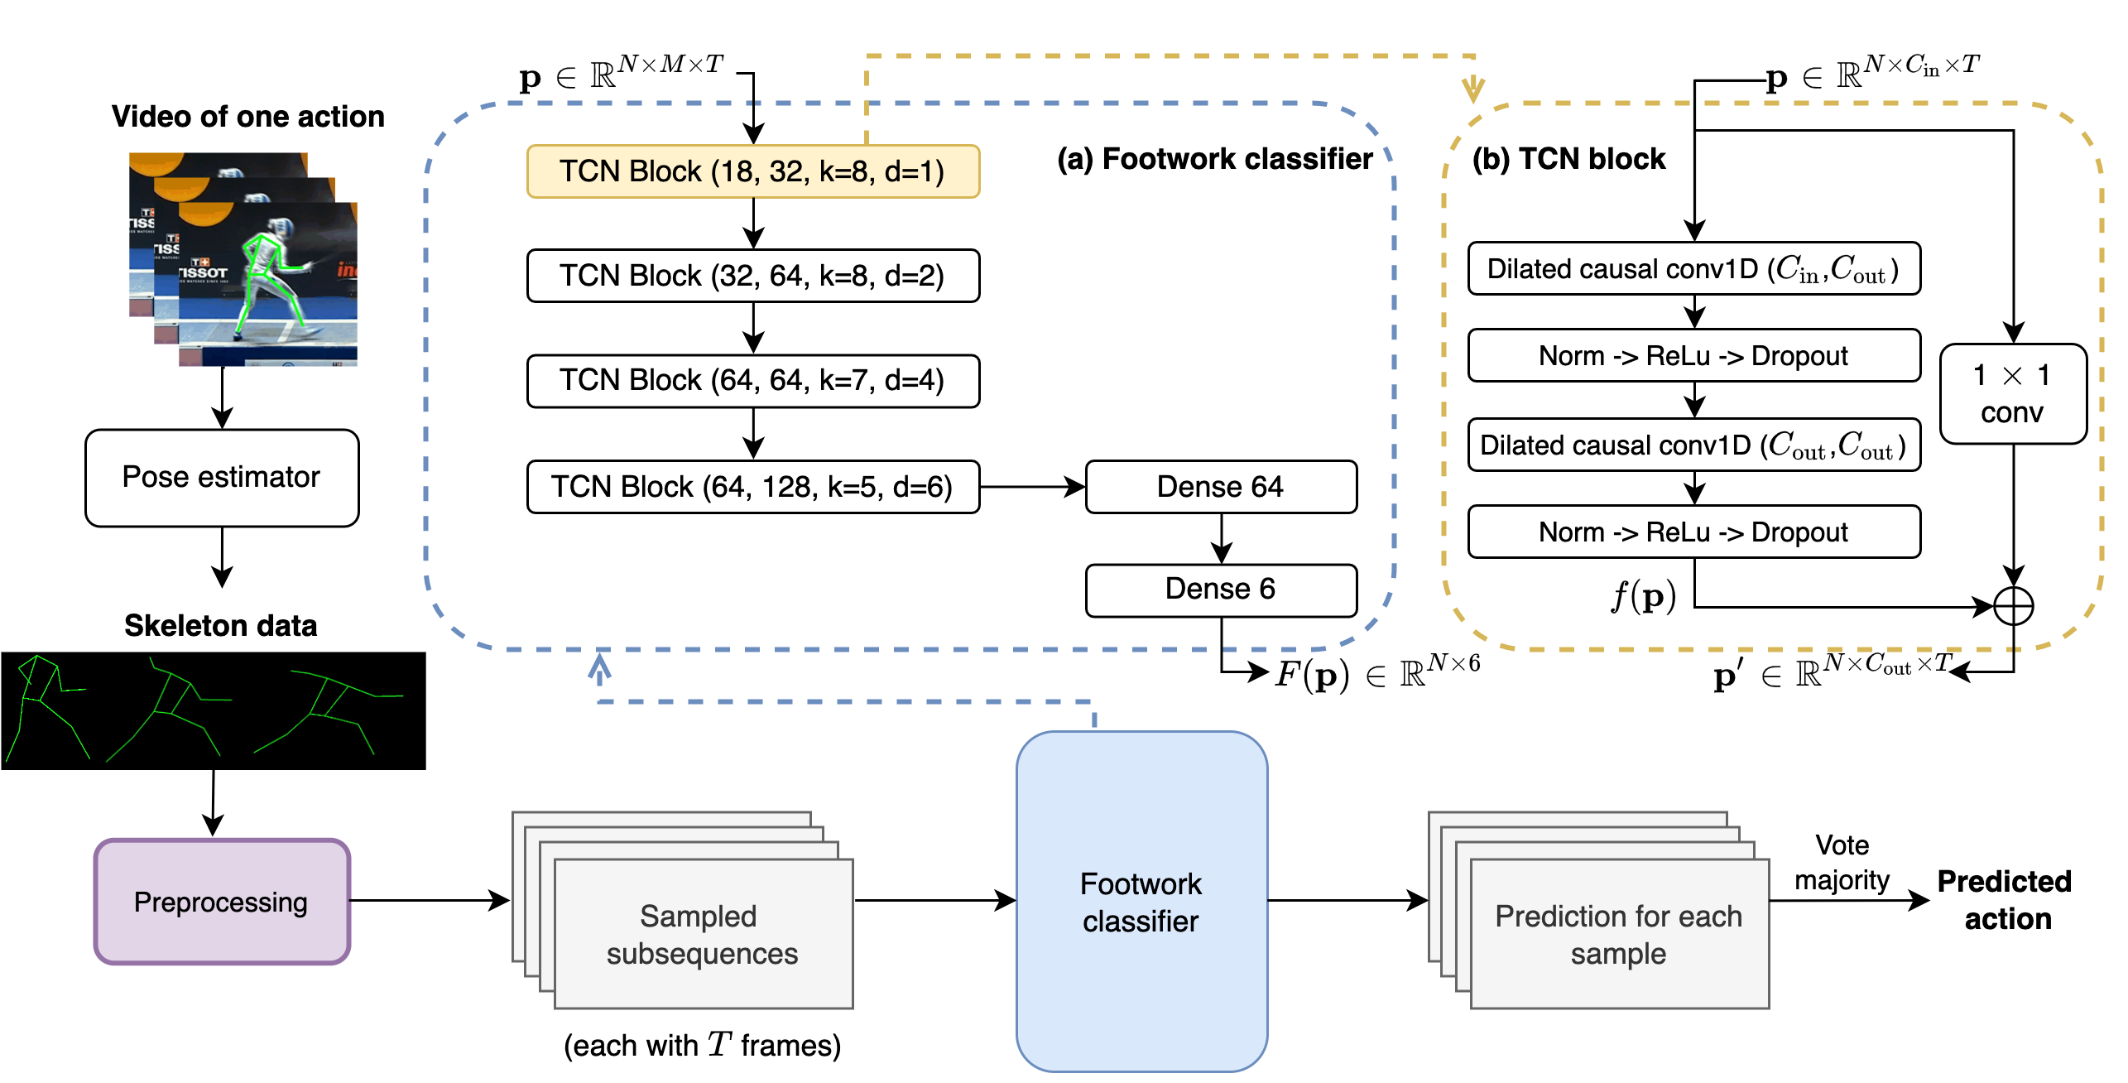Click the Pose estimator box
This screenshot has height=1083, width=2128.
tap(222, 478)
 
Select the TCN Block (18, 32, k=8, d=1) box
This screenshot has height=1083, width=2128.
tap(753, 171)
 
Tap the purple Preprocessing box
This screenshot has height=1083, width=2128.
tap(222, 902)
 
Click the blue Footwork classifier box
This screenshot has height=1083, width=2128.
tap(1141, 902)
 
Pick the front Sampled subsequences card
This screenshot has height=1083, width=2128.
tap(704, 934)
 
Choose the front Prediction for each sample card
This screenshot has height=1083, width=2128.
tap(1619, 934)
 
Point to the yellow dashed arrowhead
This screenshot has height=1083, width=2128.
tap(1473, 89)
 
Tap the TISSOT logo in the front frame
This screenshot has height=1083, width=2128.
tap(204, 272)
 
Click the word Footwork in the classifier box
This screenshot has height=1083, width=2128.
tap(1141, 884)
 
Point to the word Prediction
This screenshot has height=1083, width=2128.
tap(1549, 917)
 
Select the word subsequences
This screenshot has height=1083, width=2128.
tap(702, 954)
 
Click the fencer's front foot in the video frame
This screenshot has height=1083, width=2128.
tap(313, 331)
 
